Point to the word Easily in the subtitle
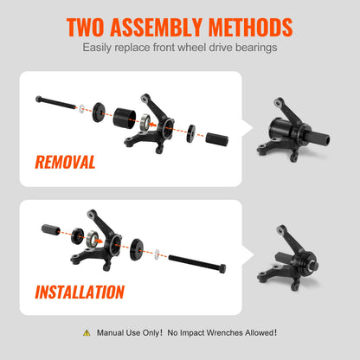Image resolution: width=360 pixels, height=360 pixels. tap(101, 47)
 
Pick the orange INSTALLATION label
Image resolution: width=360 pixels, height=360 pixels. tap(79, 292)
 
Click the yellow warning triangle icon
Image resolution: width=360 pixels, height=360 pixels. tap(86, 332)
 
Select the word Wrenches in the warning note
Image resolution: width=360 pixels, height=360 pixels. tap(231, 332)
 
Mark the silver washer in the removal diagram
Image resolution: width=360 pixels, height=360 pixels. tap(80, 108)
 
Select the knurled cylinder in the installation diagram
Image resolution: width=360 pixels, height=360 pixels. tap(50, 229)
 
